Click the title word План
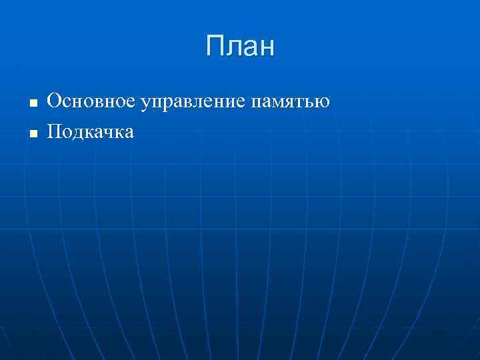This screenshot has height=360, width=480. click(x=240, y=47)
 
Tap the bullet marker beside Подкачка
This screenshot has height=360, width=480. click(x=32, y=134)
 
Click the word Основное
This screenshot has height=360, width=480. click(x=93, y=101)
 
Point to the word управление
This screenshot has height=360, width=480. click(x=195, y=103)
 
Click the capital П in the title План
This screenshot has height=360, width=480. click(x=216, y=47)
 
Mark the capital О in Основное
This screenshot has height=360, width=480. click(x=54, y=101)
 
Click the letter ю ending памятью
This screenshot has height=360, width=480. click(x=323, y=103)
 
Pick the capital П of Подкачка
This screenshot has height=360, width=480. click(x=54, y=131)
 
